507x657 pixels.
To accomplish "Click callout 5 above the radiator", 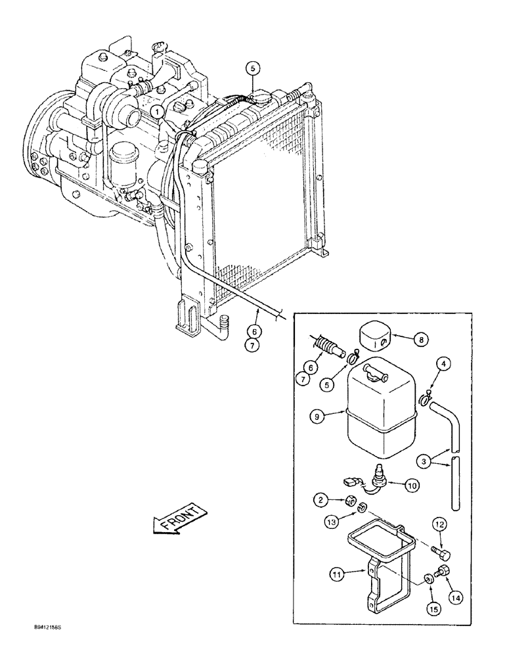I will [x=253, y=67].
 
